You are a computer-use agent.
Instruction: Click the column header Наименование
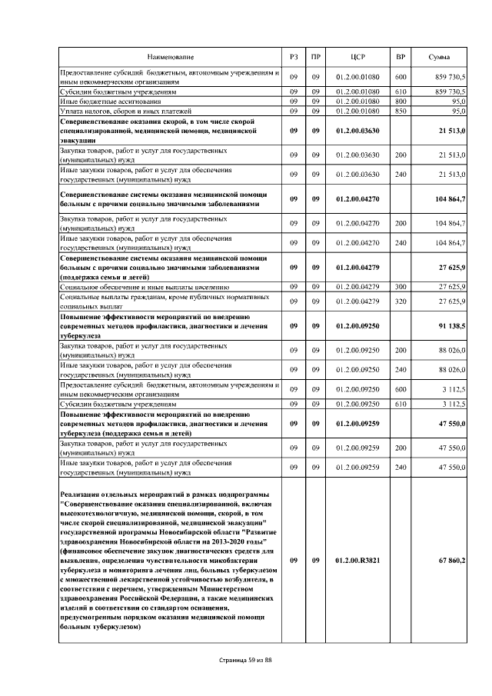pyautogui.click(x=171, y=58)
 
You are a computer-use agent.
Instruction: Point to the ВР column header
pyautogui.click(x=400, y=58)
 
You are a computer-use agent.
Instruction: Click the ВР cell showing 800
pyautogui.click(x=400, y=101)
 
